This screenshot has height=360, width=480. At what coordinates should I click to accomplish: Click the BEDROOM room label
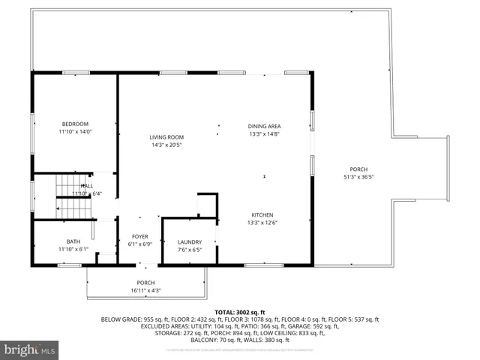(75, 124)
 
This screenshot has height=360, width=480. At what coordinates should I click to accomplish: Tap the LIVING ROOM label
(166, 136)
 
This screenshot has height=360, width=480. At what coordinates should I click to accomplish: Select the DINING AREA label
(264, 126)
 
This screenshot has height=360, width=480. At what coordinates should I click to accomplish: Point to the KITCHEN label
(262, 214)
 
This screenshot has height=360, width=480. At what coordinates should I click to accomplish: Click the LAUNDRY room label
(189, 241)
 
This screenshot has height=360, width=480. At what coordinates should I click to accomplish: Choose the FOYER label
(140, 236)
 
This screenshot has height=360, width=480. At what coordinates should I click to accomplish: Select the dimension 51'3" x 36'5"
(358, 177)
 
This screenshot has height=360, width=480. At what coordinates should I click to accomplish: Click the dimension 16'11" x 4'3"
(145, 290)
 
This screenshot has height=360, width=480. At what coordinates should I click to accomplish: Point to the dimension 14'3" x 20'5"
(166, 145)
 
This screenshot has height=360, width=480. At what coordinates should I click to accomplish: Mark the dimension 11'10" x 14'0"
(75, 132)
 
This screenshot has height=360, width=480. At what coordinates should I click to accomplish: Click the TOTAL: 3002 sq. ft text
(240, 311)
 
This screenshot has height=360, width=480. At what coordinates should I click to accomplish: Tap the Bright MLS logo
(30, 349)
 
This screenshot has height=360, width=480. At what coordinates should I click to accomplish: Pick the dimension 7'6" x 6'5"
(189, 250)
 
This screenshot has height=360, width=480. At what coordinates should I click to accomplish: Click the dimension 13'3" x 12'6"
(262, 223)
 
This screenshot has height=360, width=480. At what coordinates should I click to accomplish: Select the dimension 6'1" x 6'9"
(140, 244)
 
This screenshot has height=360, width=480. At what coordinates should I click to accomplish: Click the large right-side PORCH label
(358, 169)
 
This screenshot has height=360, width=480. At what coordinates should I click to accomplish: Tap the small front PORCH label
(145, 283)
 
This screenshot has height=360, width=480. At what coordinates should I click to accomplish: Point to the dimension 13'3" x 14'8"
(264, 134)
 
